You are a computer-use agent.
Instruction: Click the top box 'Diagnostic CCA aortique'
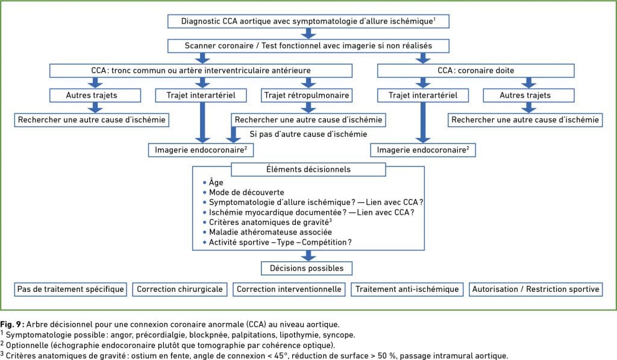(x=308, y=21)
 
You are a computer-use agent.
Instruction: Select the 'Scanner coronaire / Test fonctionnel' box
(x=308, y=46)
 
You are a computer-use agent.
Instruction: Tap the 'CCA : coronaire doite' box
(x=476, y=71)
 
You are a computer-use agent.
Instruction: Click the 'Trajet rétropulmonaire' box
(x=307, y=95)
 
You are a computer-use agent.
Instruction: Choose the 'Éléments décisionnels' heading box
(x=308, y=169)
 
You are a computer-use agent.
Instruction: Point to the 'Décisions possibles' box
(x=307, y=268)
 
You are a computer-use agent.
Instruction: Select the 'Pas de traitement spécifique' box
(x=70, y=289)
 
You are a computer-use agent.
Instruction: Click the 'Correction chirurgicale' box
(x=180, y=289)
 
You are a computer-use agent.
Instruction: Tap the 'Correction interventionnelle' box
(x=289, y=289)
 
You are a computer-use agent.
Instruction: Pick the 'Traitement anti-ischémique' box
(x=407, y=289)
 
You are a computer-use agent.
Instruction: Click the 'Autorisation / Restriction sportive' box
(x=536, y=289)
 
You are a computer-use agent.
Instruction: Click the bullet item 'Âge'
(x=216, y=182)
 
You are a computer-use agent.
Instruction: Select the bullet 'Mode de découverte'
(x=246, y=192)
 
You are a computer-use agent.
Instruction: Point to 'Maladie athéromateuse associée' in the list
(x=271, y=232)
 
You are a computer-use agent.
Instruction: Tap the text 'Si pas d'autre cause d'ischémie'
(x=308, y=134)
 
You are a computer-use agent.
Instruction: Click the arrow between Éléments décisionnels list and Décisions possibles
(x=308, y=256)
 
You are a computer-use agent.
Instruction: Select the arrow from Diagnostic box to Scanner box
(x=308, y=34)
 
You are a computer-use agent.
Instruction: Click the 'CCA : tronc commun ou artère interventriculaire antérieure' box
(x=201, y=71)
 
